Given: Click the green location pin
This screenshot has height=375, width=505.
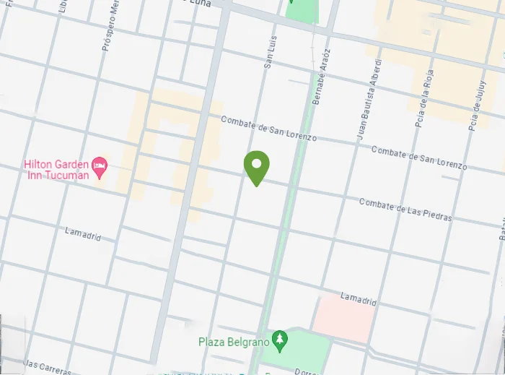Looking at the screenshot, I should (x=256, y=167).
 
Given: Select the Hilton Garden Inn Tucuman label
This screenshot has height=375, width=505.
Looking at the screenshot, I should (x=56, y=170).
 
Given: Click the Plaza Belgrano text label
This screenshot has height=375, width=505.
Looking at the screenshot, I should (x=234, y=340).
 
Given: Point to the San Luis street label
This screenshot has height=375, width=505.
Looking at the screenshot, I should (x=270, y=54).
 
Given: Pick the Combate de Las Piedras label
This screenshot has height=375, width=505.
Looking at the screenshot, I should (x=405, y=210).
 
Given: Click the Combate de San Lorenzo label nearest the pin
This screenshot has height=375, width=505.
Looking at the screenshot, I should (x=268, y=129).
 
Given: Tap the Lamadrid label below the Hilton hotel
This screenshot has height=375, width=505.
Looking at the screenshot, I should (x=83, y=234).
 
